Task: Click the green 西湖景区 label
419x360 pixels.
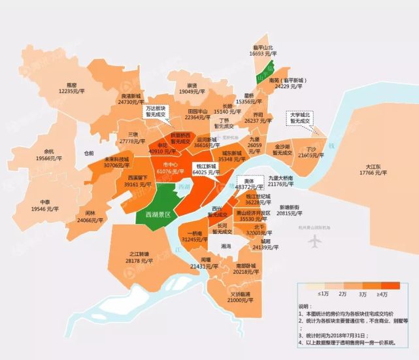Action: point(158,214)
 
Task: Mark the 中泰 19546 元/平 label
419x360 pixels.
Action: point(44,205)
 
